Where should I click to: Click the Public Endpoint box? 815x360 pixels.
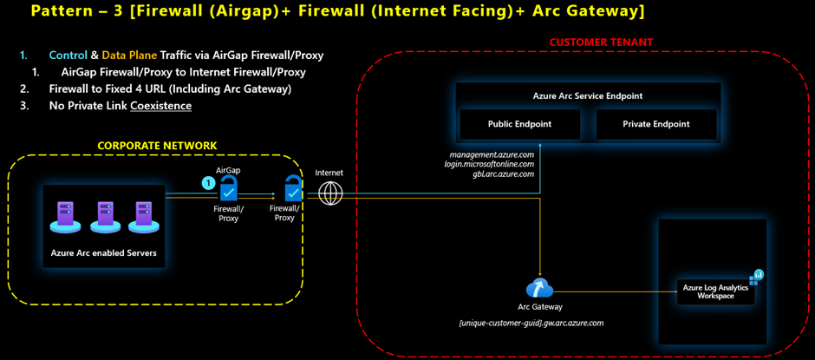(x=520, y=124)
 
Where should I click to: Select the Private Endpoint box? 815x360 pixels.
(x=655, y=124)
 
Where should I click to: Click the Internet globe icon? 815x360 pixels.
(x=330, y=193)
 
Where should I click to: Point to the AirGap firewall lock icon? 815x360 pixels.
(x=229, y=189)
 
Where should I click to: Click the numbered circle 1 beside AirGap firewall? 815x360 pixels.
(x=208, y=183)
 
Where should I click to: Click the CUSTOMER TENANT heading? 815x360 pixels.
(x=601, y=42)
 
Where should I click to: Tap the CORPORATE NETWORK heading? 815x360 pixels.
(x=157, y=145)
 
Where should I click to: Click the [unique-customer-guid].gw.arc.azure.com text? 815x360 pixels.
(x=531, y=323)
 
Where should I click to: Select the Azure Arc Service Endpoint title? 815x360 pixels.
(x=587, y=95)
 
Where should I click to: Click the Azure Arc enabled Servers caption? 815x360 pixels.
(x=104, y=252)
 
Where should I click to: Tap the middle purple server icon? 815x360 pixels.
(x=105, y=213)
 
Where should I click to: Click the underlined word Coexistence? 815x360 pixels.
(x=160, y=106)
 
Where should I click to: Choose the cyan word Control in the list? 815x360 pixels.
(x=68, y=56)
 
